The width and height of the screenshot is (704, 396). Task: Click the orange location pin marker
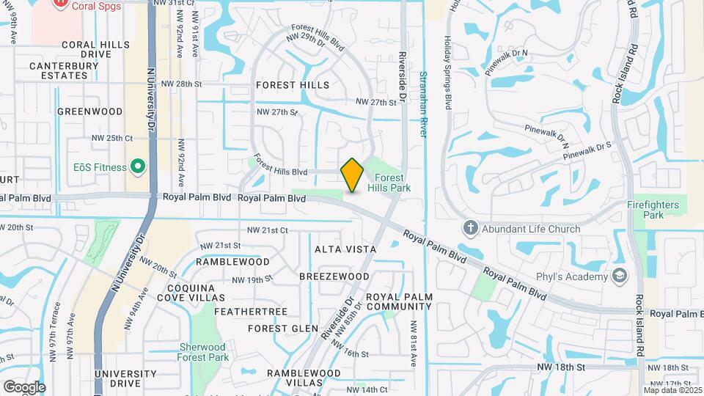[x=352, y=175]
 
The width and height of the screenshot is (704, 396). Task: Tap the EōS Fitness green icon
[x=136, y=166]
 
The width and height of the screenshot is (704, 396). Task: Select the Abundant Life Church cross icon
[x=471, y=228]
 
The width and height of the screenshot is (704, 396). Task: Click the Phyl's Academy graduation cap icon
[x=620, y=276]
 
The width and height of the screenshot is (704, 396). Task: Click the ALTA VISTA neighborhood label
[x=345, y=249]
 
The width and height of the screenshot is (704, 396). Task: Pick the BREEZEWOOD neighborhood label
[x=334, y=276]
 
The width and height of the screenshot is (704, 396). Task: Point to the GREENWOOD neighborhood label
[x=89, y=111]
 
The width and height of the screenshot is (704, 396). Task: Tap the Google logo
[x=24, y=386]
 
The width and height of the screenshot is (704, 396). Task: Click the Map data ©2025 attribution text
[x=672, y=390]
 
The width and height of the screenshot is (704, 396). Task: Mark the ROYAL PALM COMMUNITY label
[x=399, y=301]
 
